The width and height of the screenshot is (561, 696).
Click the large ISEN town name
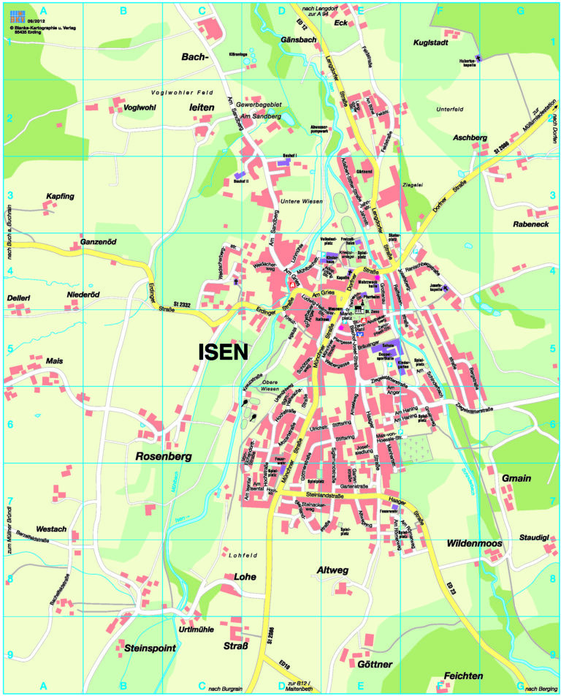click(223, 352)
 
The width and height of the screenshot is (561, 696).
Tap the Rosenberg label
click(164, 456)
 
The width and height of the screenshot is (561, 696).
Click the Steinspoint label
click(142, 647)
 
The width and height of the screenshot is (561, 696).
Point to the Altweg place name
click(334, 570)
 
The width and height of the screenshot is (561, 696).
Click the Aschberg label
click(470, 137)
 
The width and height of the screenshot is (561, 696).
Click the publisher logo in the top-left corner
click(17, 16)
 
